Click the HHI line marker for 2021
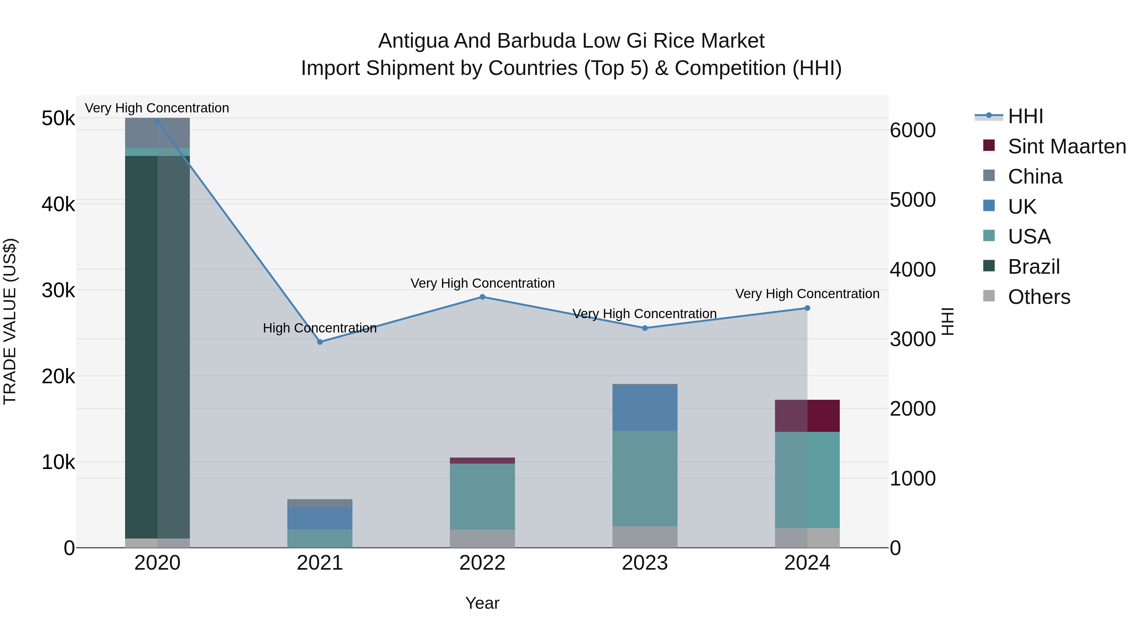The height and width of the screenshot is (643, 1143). tap(320, 342)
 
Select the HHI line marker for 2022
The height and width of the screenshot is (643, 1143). tap(482, 297)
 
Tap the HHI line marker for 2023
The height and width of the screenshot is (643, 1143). tap(645, 328)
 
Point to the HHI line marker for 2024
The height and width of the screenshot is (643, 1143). tap(807, 308)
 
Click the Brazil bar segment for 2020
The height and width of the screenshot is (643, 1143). tap(157, 346)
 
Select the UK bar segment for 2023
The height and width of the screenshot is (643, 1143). tap(645, 408)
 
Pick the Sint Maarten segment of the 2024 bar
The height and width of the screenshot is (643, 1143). tap(807, 416)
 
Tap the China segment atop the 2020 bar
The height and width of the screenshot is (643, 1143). tap(157, 133)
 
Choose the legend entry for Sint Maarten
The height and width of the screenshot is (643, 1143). tap(1067, 146)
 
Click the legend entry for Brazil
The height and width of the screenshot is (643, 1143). tap(1033, 267)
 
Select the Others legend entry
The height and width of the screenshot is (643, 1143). tap(1039, 297)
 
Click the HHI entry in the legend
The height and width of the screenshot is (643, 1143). tap(1025, 116)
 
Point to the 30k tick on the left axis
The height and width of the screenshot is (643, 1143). tap(58, 291)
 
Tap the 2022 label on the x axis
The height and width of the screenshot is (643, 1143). tap(482, 563)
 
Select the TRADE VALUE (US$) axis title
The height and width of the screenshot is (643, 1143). tap(10, 321)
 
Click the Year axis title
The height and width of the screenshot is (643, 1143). tap(482, 603)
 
